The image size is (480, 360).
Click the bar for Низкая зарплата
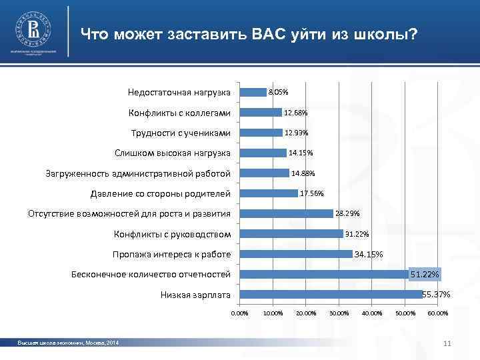point(331,295)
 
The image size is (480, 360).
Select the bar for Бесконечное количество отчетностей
point(324,275)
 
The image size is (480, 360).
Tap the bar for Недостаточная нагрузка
point(253,92)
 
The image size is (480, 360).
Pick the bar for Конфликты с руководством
point(291,234)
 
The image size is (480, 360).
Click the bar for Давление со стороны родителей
point(269,193)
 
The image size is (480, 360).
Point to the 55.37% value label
point(437,295)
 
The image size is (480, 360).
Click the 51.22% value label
point(425,275)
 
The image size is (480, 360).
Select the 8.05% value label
point(278,92)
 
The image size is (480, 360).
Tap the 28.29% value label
point(347,214)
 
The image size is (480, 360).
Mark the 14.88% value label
point(303,173)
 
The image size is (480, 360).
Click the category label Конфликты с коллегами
point(180,112)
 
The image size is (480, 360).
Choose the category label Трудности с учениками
point(181,133)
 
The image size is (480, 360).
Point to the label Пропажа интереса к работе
point(171,255)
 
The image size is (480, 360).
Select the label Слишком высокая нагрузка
point(172,153)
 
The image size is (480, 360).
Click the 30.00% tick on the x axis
point(339,313)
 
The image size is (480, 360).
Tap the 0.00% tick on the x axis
point(239,313)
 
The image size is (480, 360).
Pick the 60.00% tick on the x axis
point(438,313)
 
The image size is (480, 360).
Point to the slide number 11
point(447,343)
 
